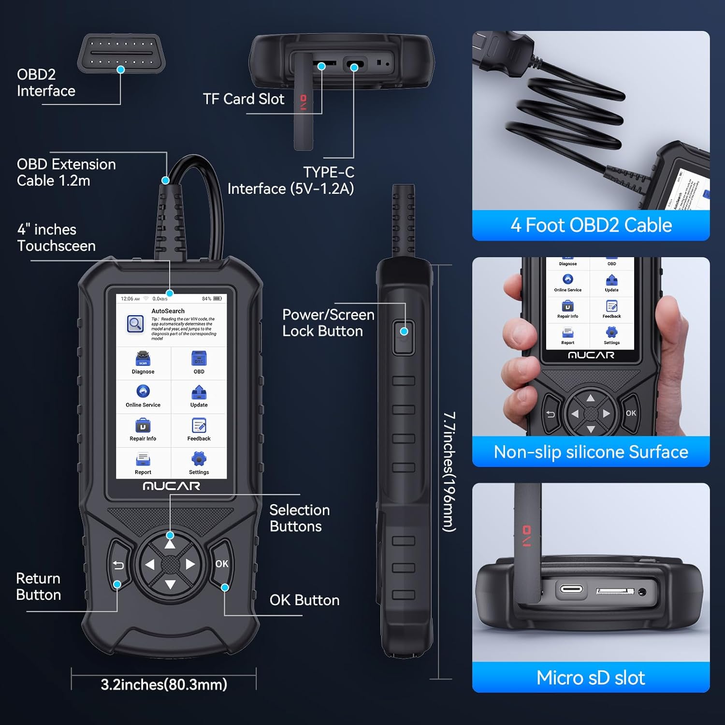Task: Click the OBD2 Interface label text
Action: [46, 83]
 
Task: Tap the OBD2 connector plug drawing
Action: [121, 53]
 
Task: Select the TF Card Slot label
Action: [244, 99]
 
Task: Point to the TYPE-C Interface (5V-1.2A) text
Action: [291, 180]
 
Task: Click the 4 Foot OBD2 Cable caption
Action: [591, 225]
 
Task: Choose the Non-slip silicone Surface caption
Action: [591, 452]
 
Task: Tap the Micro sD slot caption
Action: [591, 678]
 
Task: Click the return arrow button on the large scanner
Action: [118, 565]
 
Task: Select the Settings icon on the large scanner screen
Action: [199, 459]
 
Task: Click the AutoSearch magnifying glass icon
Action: [135, 324]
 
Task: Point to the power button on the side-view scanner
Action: [404, 337]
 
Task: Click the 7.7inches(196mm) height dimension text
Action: [449, 472]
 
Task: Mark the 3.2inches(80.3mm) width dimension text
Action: [164, 684]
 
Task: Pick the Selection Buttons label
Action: [300, 518]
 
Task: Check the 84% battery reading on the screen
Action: [206, 299]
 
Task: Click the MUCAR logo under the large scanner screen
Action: [172, 486]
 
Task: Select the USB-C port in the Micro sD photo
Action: [571, 590]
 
